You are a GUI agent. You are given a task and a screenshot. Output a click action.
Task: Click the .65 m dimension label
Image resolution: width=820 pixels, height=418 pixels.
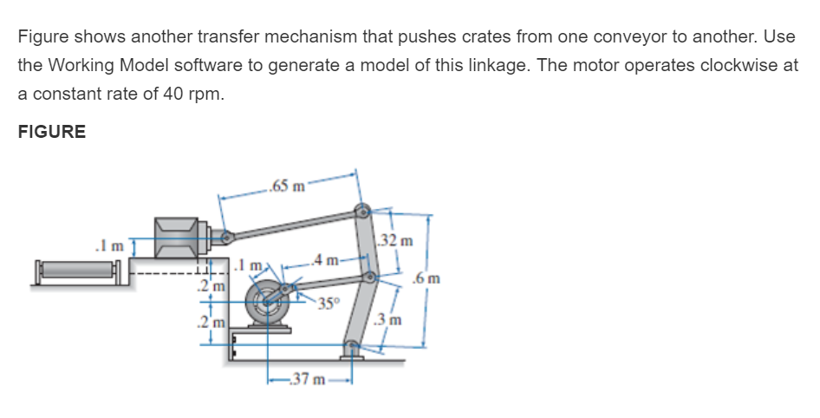287,185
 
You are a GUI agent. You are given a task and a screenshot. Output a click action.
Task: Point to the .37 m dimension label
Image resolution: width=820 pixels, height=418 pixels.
307,379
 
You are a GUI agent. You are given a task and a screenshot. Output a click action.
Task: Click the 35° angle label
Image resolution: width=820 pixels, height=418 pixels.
327,303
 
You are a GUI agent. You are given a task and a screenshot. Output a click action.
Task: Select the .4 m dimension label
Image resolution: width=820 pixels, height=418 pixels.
328,260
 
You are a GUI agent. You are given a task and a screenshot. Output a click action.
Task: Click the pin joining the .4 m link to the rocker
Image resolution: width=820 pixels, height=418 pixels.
369,278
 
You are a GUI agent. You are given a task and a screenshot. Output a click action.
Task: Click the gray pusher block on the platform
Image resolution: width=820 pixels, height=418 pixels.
181,236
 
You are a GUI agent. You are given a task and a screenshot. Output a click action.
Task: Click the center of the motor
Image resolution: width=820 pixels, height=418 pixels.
269,303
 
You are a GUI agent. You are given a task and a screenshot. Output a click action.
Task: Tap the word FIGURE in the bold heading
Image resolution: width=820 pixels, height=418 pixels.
52,132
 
